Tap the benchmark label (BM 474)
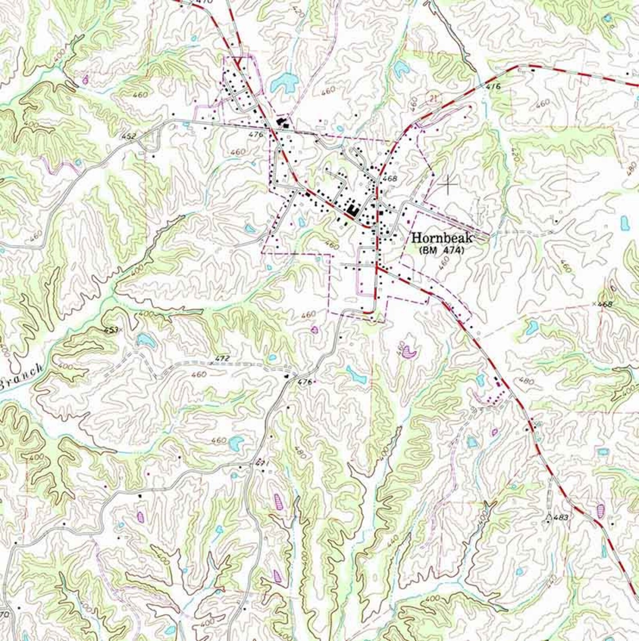[x=441, y=250]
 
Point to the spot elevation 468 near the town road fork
[x=390, y=178]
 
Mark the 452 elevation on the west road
[x=129, y=136]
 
